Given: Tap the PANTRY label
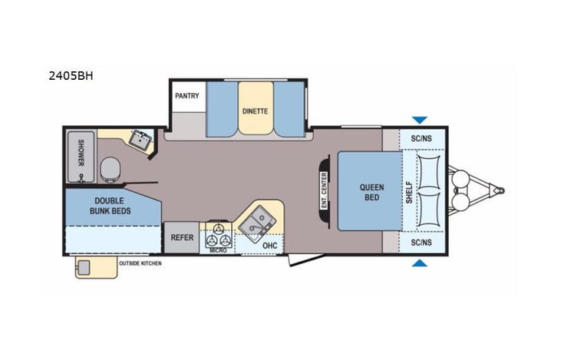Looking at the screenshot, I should coord(186,96).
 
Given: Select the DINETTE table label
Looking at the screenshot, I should coord(255,111).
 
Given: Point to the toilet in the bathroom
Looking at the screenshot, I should coord(111,168).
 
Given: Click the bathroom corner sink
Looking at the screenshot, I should coord(140,140).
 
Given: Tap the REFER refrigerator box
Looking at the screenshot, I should coord(181,237).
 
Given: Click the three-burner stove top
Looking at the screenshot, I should coord(218,231).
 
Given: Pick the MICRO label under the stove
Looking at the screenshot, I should coord(218,249).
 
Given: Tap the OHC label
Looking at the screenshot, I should coord(269,246).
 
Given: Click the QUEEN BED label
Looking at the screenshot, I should coord(372,193).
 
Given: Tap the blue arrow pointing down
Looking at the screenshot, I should coord(419,120).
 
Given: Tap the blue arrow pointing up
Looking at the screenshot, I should coord(419,263).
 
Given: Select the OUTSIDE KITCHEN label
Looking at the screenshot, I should coord(140,263).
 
